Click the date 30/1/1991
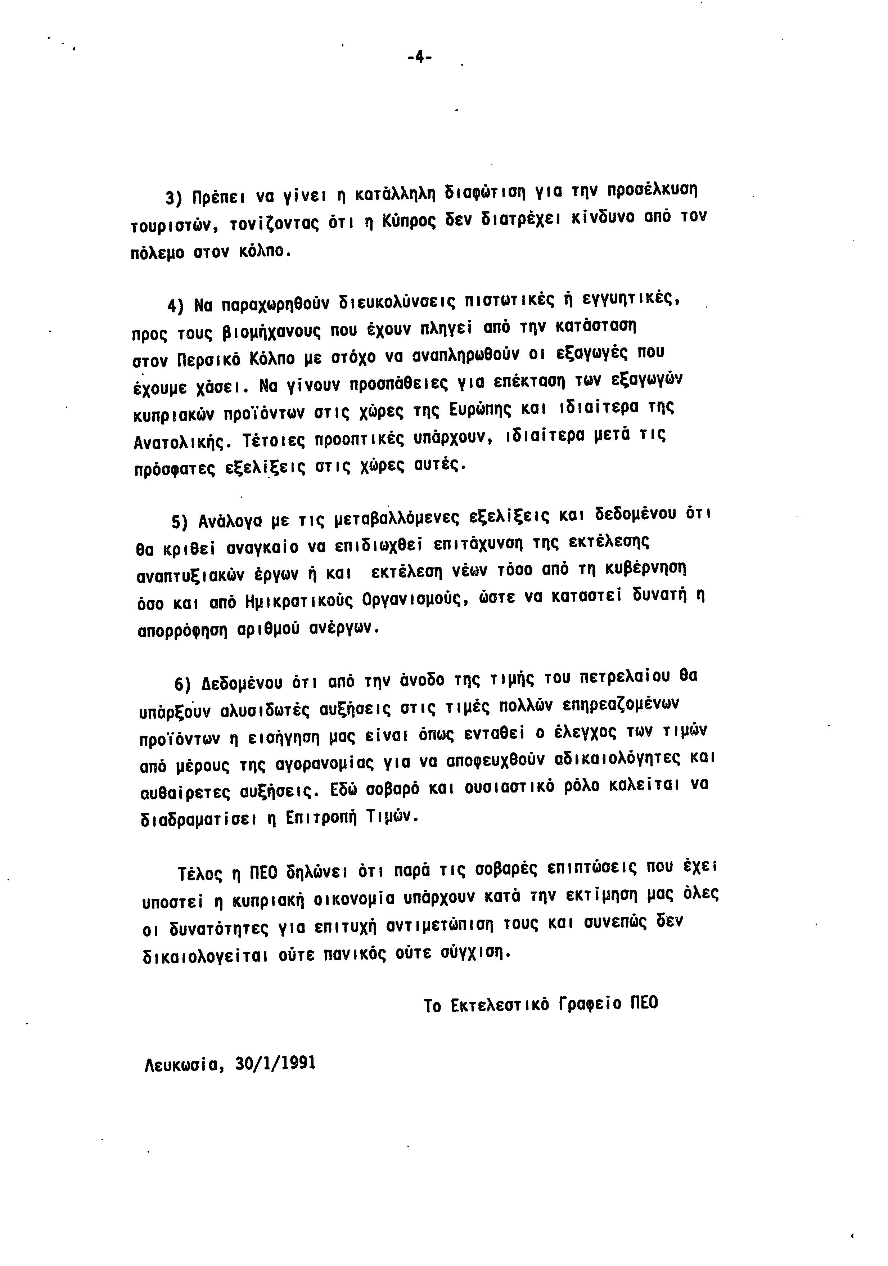[x=275, y=1063]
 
